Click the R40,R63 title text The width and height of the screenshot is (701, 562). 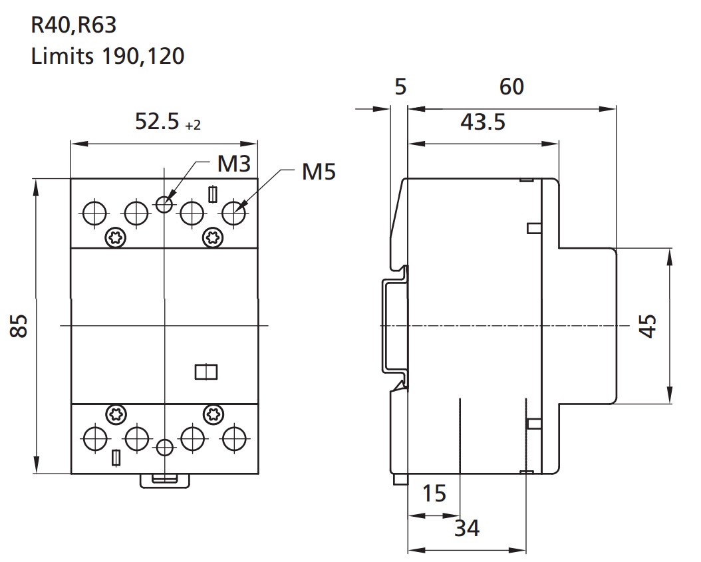[x=74, y=25]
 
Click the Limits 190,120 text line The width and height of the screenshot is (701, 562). [x=108, y=57]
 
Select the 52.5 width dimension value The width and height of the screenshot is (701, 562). [x=157, y=121]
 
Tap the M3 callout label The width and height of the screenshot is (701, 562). [x=234, y=164]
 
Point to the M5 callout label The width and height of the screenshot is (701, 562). [x=319, y=172]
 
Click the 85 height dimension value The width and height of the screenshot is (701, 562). [x=19, y=325]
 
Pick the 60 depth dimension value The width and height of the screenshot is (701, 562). [x=511, y=86]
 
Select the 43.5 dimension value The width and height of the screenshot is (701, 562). [x=483, y=122]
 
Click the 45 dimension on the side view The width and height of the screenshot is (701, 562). [x=648, y=325]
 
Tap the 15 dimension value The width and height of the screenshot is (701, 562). [x=434, y=493]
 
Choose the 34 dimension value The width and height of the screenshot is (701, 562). [x=467, y=528]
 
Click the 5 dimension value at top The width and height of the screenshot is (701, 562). [x=400, y=86]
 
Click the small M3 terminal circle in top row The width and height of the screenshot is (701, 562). [x=165, y=205]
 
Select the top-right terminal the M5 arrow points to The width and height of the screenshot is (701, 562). [x=234, y=213]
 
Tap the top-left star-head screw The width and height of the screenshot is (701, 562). [x=115, y=237]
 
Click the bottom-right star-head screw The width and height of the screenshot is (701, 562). [x=213, y=415]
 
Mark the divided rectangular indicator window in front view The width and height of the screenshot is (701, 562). [x=206, y=372]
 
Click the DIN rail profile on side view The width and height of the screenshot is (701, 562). [x=395, y=325]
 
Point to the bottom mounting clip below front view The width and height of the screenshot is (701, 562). [x=165, y=481]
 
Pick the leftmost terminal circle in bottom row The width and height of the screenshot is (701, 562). [x=95, y=438]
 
